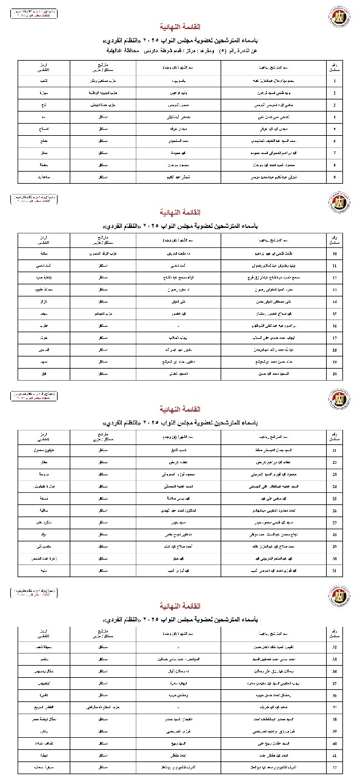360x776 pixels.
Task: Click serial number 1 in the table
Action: click(334, 79)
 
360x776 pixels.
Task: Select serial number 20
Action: click(335, 374)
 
